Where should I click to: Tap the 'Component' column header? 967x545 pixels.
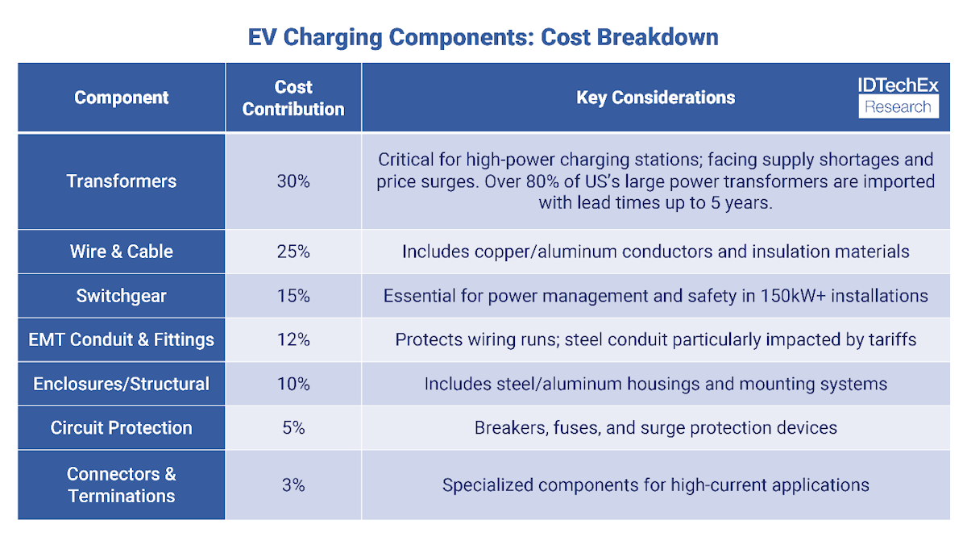pyautogui.click(x=122, y=98)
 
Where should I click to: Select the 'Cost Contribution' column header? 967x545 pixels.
pyautogui.click(x=293, y=98)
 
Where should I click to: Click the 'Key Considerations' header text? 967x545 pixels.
pyautogui.click(x=655, y=98)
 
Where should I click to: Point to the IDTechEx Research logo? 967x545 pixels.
pyautogui.click(x=899, y=98)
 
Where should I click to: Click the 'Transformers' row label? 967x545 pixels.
pyautogui.click(x=122, y=181)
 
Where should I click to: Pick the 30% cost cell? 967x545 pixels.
pyautogui.click(x=293, y=181)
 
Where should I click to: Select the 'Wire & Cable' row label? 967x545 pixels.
pyautogui.click(x=122, y=252)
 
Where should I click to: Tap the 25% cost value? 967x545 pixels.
pyautogui.click(x=293, y=252)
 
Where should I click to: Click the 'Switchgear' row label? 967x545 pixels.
pyautogui.click(x=122, y=296)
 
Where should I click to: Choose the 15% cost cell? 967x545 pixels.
pyautogui.click(x=293, y=296)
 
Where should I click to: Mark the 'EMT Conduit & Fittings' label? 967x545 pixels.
pyautogui.click(x=122, y=339)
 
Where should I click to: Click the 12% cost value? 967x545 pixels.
pyautogui.click(x=293, y=339)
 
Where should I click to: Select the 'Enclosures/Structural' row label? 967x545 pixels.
pyautogui.click(x=122, y=384)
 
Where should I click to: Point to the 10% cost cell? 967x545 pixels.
pyautogui.click(x=293, y=384)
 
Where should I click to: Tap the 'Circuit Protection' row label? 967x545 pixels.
pyautogui.click(x=122, y=427)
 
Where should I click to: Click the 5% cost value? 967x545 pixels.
pyautogui.click(x=293, y=427)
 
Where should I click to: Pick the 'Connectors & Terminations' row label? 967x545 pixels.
pyautogui.click(x=122, y=485)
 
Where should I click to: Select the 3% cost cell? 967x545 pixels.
pyautogui.click(x=293, y=485)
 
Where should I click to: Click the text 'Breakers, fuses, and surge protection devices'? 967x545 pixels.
pyautogui.click(x=655, y=427)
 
